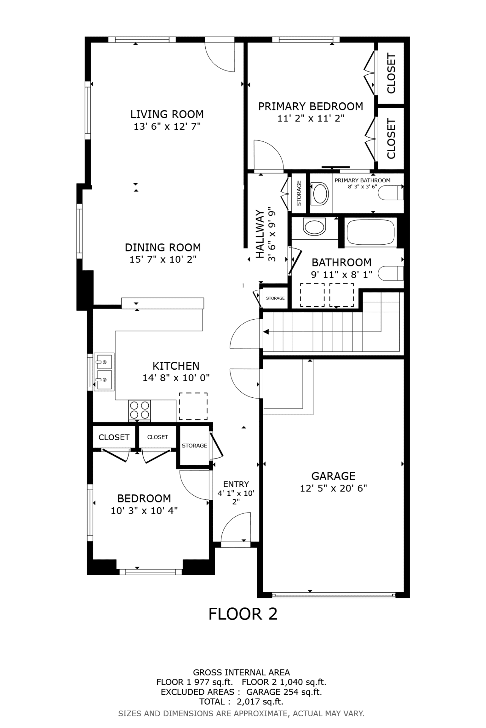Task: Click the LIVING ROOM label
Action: (x=167, y=114)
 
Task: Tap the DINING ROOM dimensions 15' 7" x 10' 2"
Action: (x=163, y=260)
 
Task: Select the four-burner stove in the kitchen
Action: (x=140, y=410)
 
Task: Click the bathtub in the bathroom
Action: (x=370, y=232)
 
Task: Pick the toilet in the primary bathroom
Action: (x=391, y=193)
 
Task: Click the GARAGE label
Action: (x=333, y=476)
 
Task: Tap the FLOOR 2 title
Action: (x=243, y=614)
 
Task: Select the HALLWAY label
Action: (x=260, y=234)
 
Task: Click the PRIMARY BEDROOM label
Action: (x=311, y=107)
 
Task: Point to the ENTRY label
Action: (x=236, y=484)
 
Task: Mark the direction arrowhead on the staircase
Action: (x=266, y=332)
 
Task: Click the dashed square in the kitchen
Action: (x=193, y=406)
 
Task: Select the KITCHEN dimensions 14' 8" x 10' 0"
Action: (x=176, y=378)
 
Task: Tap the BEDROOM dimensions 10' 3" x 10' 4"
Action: (x=144, y=511)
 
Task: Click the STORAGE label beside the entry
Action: (x=194, y=446)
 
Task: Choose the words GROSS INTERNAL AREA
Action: (x=241, y=672)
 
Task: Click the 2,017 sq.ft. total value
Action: (x=260, y=702)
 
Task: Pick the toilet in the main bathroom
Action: (x=391, y=273)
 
